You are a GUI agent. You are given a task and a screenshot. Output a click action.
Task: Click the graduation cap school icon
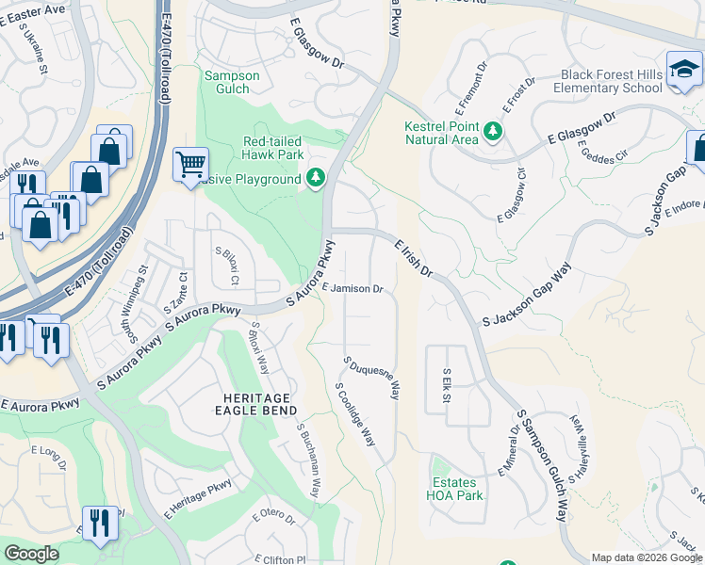tap(683, 69)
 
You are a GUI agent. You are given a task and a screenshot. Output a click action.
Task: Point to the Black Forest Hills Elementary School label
tap(611, 81)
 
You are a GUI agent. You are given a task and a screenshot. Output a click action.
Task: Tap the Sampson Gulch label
tap(227, 82)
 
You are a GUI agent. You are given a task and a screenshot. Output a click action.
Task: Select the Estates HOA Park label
tap(454, 488)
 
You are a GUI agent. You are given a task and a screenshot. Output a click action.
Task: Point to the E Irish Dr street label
tap(413, 258)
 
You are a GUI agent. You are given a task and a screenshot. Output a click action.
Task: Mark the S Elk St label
tap(447, 385)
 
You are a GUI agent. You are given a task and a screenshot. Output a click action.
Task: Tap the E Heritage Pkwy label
tap(197, 499)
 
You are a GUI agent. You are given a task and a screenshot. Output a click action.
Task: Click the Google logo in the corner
tap(31, 554)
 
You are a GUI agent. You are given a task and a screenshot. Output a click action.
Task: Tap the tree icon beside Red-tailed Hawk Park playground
tap(316, 178)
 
